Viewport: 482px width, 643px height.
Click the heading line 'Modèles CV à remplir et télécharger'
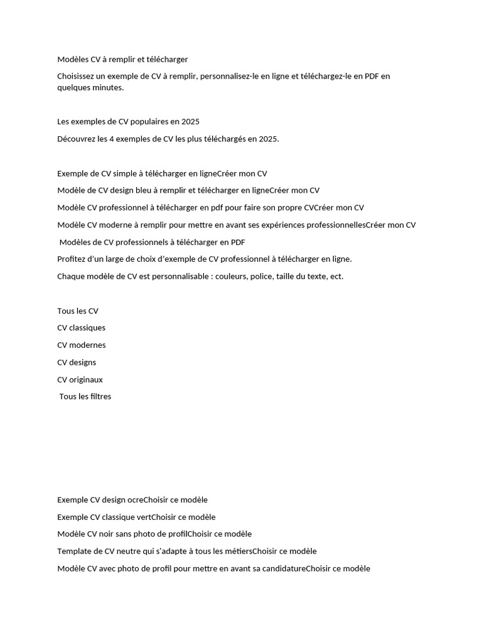click(x=122, y=59)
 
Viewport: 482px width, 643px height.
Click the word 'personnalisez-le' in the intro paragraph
click(x=229, y=76)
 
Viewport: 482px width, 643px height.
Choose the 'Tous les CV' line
click(x=78, y=311)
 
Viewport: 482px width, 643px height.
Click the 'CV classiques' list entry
click(x=81, y=328)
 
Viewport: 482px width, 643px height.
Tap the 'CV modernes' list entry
click(x=81, y=345)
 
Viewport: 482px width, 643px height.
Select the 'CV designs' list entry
click(x=77, y=362)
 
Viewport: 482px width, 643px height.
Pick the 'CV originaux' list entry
click(x=80, y=379)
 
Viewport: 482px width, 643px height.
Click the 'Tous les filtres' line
click(x=85, y=396)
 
